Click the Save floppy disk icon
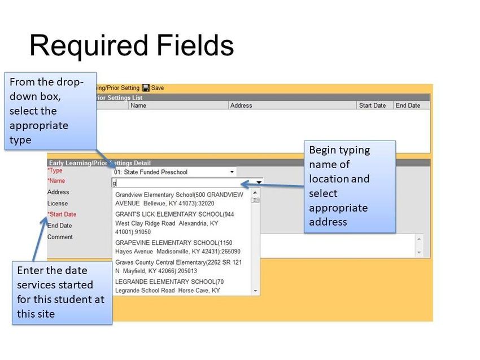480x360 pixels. [146, 88]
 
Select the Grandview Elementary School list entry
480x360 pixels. [179, 199]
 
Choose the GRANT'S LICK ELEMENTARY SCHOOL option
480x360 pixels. [174, 223]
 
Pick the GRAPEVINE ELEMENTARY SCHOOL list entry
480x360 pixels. [177, 247]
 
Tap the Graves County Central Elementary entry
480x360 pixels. [178, 266]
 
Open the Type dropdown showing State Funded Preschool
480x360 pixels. [174, 172]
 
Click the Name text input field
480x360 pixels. [187, 183]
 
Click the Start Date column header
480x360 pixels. [372, 106]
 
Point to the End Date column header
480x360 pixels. [408, 106]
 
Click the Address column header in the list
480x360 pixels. [241, 106]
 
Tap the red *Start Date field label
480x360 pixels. [62, 214]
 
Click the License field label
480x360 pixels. [58, 203]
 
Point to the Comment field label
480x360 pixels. [60, 237]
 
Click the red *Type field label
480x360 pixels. [55, 170]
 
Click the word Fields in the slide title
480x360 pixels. [195, 45]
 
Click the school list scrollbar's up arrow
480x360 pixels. [255, 192]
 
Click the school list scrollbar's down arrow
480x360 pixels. [255, 291]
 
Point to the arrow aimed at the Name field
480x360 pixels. [272, 185]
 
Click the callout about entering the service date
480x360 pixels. [62, 292]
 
